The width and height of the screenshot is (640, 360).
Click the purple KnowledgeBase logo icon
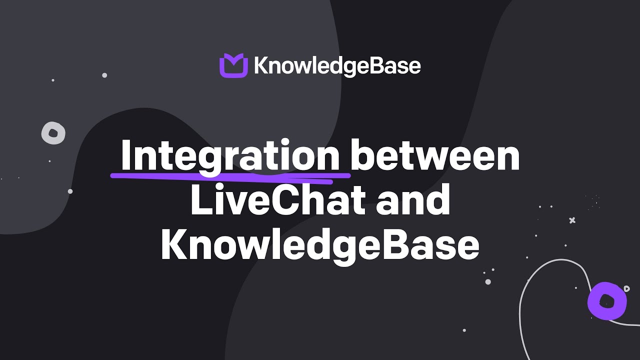(x=233, y=65)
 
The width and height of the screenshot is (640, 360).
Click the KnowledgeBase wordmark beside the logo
(x=337, y=66)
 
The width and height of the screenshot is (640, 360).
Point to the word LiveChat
(x=277, y=200)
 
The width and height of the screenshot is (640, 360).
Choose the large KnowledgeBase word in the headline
(x=320, y=245)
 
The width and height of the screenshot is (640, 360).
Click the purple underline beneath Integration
(x=230, y=175)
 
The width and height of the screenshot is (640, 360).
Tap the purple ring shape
(x=607, y=300)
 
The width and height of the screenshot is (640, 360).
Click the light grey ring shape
(x=53, y=133)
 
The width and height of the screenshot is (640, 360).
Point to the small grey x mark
(x=572, y=220)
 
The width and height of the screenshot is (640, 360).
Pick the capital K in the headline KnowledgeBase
(x=172, y=245)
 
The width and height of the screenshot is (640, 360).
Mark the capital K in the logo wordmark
(x=260, y=66)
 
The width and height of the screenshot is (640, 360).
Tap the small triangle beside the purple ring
(x=626, y=288)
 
